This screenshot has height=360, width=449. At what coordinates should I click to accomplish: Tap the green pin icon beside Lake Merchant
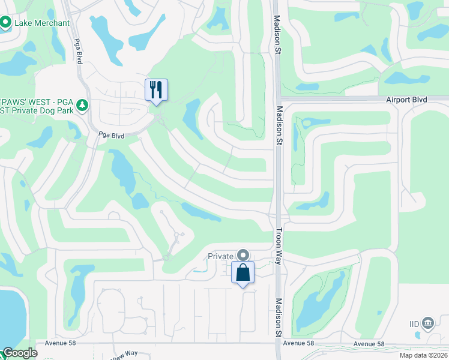coord(6,23)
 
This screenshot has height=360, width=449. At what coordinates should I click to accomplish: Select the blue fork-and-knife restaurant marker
coord(156,90)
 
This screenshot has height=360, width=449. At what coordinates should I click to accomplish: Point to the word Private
coord(220,256)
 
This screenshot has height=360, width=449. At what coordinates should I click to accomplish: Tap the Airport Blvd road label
coord(406,100)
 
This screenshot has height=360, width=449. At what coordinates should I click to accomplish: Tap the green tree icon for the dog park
coord(83,106)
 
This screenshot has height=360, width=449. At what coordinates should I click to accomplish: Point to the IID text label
coord(414,323)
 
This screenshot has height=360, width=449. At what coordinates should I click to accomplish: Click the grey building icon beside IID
coord(427,323)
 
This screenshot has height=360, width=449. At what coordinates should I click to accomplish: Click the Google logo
coord(20,353)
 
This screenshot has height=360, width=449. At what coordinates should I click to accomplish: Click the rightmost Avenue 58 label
coord(369,343)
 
